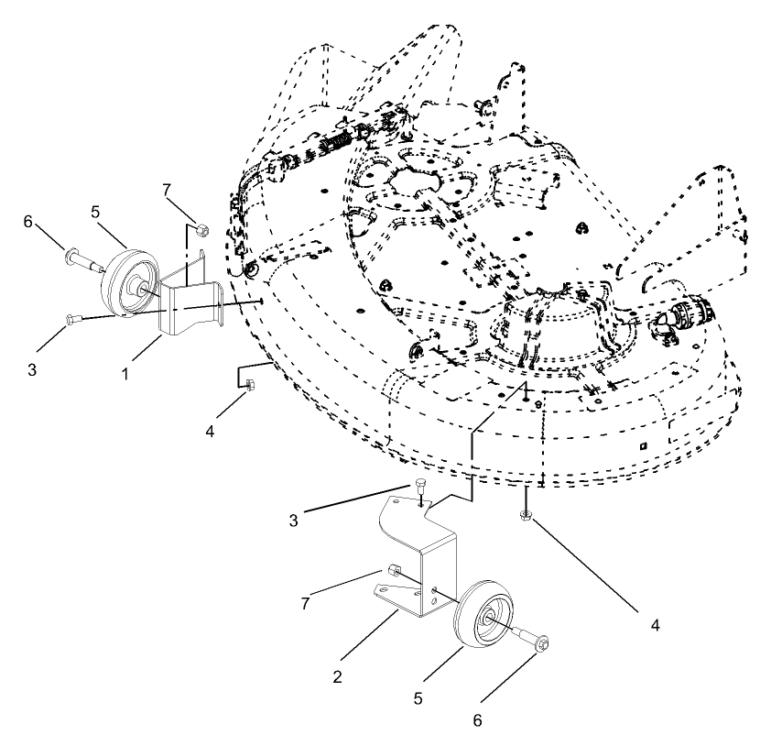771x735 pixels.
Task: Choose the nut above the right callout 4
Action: pyautogui.click(x=526, y=517)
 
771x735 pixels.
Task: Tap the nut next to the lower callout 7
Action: pyautogui.click(x=393, y=572)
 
